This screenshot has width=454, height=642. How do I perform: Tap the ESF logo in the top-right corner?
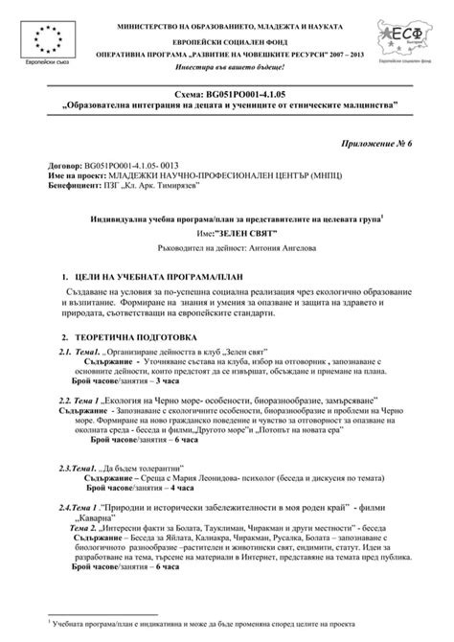pyautogui.click(x=405, y=36)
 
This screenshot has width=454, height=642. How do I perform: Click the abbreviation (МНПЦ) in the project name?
pyautogui.click(x=312, y=175)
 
